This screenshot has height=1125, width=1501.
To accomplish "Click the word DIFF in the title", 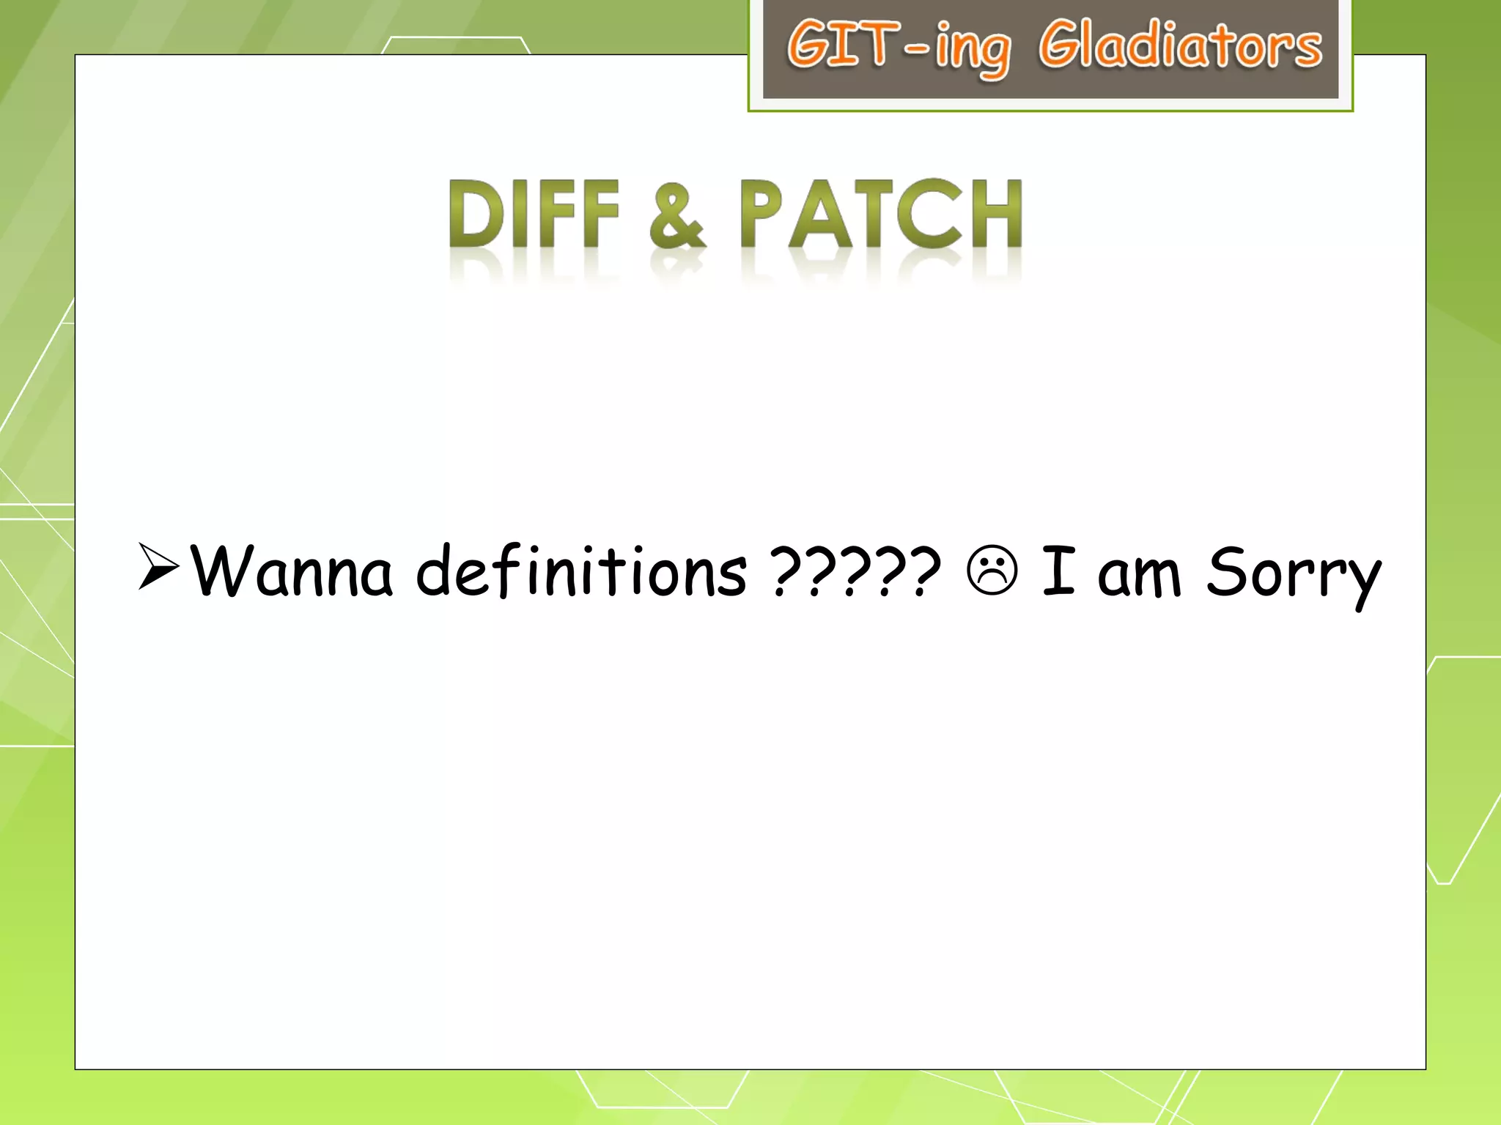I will pos(534,214).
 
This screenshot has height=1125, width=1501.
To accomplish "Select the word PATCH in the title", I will pos(879,214).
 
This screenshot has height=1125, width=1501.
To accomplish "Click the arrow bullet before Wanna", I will pos(158,567).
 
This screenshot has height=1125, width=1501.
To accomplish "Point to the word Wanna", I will pos(292,571).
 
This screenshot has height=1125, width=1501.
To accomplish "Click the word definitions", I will pos(581,571).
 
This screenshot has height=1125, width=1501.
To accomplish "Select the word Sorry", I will pos(1293,575).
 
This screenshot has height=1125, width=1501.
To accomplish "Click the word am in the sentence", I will pos(1139,575).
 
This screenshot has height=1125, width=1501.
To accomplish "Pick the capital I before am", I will pos(1058,570).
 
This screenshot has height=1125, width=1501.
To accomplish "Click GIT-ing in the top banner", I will pos(899,48).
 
